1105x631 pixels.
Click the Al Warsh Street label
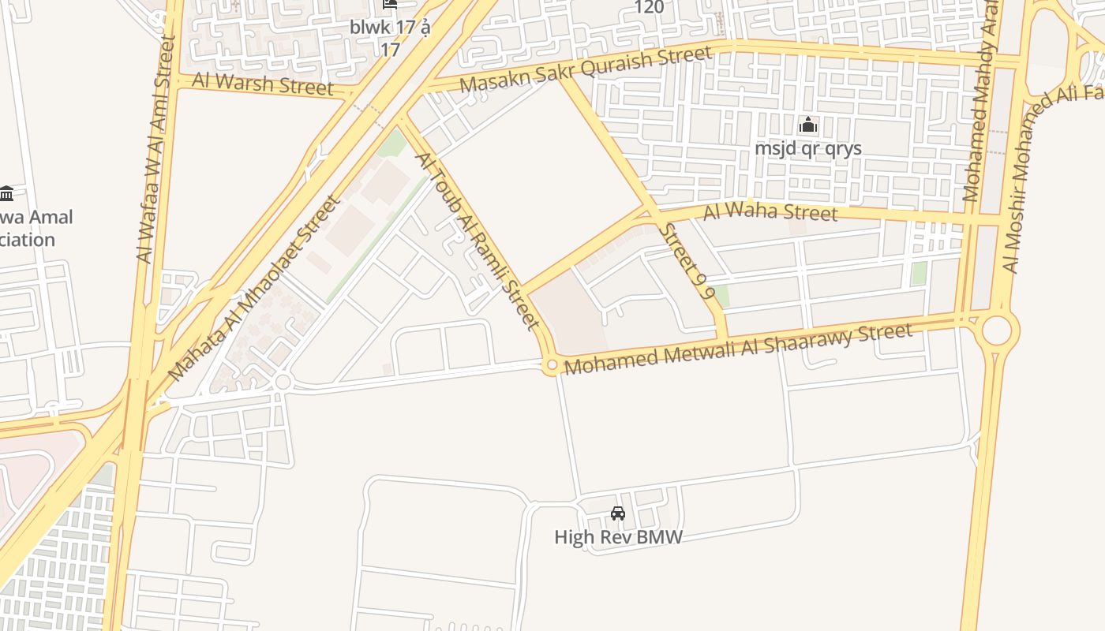tap(264, 84)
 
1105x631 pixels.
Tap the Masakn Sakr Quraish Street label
tap(585, 70)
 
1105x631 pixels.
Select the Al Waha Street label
tap(770, 211)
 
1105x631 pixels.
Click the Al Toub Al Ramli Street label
tap(478, 241)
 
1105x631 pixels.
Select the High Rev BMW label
tap(618, 537)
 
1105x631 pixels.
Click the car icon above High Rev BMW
tap(618, 513)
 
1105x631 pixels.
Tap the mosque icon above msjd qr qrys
tap(807, 125)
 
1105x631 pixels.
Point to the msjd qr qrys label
tap(807, 148)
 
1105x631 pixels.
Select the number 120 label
tap(649, 7)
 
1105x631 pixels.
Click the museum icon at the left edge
tap(7, 192)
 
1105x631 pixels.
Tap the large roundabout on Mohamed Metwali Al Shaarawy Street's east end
tap(996, 330)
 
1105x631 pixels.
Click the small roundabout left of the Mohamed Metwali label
tap(552, 365)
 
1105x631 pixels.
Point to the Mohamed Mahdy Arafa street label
tap(980, 103)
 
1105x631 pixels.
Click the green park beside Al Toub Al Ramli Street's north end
tap(392, 144)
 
